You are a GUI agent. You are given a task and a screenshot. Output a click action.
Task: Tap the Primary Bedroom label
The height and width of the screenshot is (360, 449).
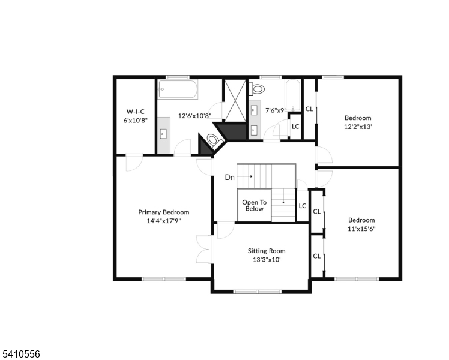164,212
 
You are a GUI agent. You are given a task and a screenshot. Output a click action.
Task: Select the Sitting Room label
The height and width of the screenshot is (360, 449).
267,251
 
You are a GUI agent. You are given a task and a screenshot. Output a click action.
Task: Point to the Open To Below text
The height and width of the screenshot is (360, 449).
255,205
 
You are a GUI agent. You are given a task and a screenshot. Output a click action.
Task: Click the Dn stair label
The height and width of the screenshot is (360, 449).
230,178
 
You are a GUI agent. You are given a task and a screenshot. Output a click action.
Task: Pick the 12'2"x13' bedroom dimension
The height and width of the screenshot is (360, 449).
358,127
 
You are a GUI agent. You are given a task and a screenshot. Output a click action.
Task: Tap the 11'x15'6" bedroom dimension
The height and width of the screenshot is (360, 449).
361,229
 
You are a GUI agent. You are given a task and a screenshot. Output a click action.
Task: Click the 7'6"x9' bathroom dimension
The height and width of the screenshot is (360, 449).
276,110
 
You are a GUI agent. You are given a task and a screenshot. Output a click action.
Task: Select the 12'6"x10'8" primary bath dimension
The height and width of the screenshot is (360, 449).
194,116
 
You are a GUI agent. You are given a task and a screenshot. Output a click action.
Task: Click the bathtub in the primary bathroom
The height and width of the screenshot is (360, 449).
178,89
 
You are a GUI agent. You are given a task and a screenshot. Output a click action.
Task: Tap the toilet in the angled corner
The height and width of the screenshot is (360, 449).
214,140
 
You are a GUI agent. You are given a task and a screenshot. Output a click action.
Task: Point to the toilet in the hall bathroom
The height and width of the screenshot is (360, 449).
257,89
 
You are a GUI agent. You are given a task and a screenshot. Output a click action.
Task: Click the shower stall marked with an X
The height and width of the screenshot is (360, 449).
235,101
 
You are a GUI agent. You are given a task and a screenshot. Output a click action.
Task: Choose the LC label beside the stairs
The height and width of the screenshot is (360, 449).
303,206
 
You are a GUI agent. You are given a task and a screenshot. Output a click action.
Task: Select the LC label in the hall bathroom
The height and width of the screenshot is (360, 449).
295,126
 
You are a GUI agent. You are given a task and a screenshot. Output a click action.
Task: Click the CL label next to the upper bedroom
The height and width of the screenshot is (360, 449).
309,109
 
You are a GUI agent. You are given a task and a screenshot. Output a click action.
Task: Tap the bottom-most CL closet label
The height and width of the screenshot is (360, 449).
317,256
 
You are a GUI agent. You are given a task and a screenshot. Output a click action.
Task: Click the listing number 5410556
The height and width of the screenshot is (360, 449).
20,354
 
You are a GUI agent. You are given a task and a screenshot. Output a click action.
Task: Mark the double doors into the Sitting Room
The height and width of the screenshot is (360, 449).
205,250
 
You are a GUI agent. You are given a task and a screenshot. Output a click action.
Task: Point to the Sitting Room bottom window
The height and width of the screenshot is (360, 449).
257,292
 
